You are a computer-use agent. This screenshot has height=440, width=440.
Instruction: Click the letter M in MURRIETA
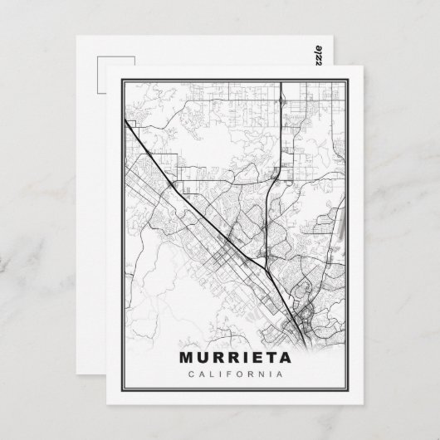pos(185,359)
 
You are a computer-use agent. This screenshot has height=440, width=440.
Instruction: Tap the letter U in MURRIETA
pos(202,359)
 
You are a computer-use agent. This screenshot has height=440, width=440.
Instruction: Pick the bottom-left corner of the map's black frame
pos(122,393)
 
